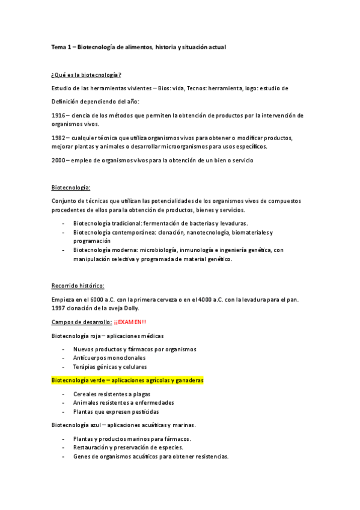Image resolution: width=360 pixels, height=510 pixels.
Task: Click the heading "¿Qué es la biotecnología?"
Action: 87,75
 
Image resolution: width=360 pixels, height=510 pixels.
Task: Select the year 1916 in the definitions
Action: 58,115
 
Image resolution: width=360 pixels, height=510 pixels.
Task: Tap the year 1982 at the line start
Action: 58,138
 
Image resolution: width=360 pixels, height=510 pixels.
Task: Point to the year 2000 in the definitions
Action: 58,161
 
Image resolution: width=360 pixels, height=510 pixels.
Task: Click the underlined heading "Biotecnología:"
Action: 71,188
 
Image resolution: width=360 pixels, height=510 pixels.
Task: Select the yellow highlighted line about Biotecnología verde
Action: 127,380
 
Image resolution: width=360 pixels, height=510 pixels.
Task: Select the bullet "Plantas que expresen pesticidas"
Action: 116,412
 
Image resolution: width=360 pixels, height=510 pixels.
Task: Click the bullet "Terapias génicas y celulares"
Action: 109,367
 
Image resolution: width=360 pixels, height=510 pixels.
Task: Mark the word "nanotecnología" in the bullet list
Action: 198,232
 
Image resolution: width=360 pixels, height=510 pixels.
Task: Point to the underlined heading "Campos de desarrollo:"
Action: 81,322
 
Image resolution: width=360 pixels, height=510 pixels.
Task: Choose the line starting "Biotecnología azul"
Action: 127,425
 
